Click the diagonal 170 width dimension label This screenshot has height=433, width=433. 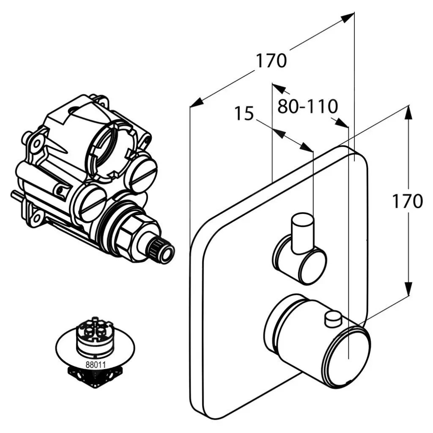tap(271, 61)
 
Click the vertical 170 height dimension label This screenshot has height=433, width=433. tap(407, 202)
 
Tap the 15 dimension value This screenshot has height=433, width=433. tap(244, 114)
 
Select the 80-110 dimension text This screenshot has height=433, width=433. tap(307, 107)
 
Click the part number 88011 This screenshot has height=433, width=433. tap(95, 362)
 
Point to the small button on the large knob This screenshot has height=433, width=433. tap(332, 319)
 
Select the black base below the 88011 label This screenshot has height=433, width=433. tap(95, 376)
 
